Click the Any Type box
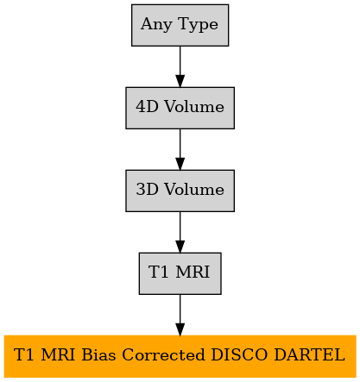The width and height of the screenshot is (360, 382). pyautogui.click(x=180, y=25)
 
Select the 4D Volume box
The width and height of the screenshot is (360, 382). pyautogui.click(x=180, y=108)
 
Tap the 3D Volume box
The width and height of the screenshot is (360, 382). pyautogui.click(x=180, y=191)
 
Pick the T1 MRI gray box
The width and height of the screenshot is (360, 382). pyautogui.click(x=180, y=273)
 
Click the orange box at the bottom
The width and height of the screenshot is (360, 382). pyautogui.click(x=180, y=356)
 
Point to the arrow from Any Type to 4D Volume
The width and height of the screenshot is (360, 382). pyautogui.click(x=180, y=66)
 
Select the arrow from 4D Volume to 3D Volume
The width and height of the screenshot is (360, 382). pyautogui.click(x=180, y=149)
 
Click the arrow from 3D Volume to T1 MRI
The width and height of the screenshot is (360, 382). pyautogui.click(x=180, y=232)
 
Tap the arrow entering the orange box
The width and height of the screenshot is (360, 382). pyautogui.click(x=180, y=315)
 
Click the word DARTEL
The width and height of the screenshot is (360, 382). pyautogui.click(x=309, y=354)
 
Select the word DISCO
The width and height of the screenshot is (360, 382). pyautogui.click(x=239, y=354)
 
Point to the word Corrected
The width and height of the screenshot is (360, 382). pyautogui.click(x=163, y=354)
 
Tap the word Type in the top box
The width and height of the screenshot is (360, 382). pyautogui.click(x=199, y=25)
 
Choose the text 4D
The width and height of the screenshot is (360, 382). pyautogui.click(x=147, y=107)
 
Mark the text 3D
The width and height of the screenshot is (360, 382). pyautogui.click(x=147, y=190)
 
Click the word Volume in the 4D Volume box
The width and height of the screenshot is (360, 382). pyautogui.click(x=194, y=107)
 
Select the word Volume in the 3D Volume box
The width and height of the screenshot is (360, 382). pyautogui.click(x=194, y=190)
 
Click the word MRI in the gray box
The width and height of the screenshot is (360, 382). pyautogui.click(x=193, y=272)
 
